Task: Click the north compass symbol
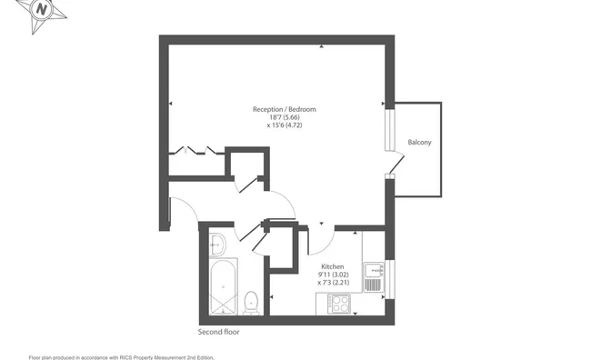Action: pyautogui.click(x=41, y=13)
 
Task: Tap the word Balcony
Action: pyautogui.click(x=419, y=143)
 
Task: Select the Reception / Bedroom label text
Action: pyautogui.click(x=285, y=109)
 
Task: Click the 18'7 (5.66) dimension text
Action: pyautogui.click(x=285, y=118)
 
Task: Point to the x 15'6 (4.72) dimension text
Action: pyautogui.click(x=285, y=127)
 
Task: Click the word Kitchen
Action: pyautogui.click(x=331, y=266)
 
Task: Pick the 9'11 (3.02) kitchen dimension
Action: pyautogui.click(x=333, y=275)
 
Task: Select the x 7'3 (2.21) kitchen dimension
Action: pyautogui.click(x=333, y=283)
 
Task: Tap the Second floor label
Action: pyautogui.click(x=219, y=332)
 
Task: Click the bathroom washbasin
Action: pyautogui.click(x=217, y=243)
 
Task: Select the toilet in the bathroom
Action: pyautogui.click(x=252, y=300)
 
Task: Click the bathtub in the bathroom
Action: pyautogui.click(x=223, y=285)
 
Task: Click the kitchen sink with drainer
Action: pyautogui.click(x=372, y=276)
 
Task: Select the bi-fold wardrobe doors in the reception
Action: pyautogui.click(x=197, y=150)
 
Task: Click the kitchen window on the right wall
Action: pyautogui.click(x=389, y=278)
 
